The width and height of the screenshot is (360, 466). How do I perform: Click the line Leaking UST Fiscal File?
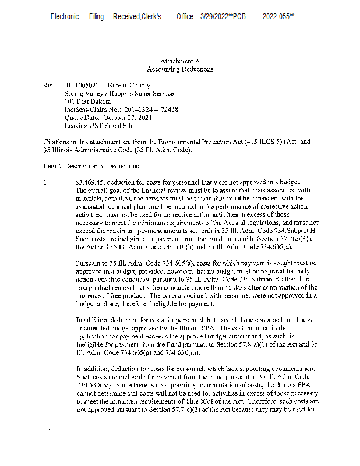(98, 125)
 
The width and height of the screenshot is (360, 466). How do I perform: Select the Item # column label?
(53, 166)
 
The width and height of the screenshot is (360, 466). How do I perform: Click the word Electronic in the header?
(64, 16)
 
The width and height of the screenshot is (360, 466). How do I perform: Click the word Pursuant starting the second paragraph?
(89, 263)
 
